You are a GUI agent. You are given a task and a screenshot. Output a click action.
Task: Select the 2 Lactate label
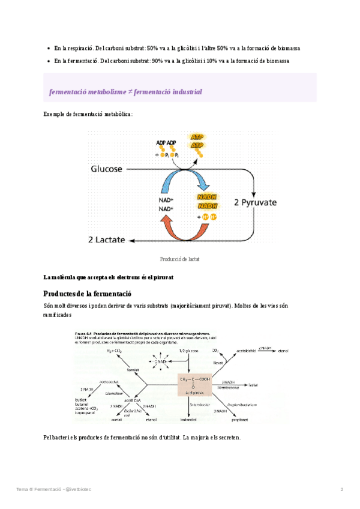coord(107,239)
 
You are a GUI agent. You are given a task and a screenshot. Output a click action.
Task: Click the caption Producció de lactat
coord(179,259)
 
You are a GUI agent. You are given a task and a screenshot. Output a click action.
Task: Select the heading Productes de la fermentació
coord(87,293)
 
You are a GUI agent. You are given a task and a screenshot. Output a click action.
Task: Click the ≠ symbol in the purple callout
coord(130,92)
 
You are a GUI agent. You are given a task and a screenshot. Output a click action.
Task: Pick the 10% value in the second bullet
coord(214,61)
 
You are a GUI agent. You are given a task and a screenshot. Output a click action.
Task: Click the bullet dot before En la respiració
coord(48,47)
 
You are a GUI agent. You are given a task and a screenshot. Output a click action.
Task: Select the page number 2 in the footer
coord(342,489)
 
